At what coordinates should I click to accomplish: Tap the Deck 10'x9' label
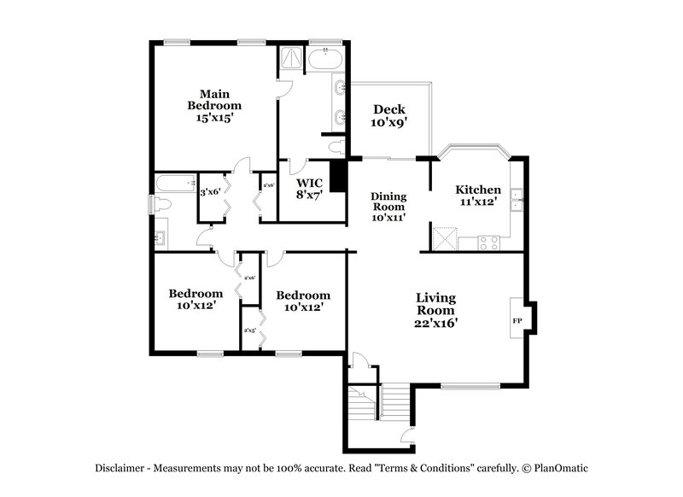tap(389, 115)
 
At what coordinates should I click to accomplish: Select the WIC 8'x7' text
tap(308, 190)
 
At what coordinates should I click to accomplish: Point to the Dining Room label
tap(388, 206)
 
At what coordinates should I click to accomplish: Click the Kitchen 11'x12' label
tap(477, 196)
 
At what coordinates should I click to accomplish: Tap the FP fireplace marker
tap(517, 320)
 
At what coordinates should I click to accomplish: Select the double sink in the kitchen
tap(517, 203)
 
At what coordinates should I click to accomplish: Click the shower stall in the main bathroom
tap(291, 60)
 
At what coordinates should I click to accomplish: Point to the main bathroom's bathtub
tap(325, 60)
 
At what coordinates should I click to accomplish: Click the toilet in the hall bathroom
tap(162, 204)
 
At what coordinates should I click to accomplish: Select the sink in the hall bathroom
tap(160, 237)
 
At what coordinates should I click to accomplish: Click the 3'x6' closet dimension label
tap(209, 193)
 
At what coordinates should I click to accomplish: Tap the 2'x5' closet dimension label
tap(251, 330)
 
